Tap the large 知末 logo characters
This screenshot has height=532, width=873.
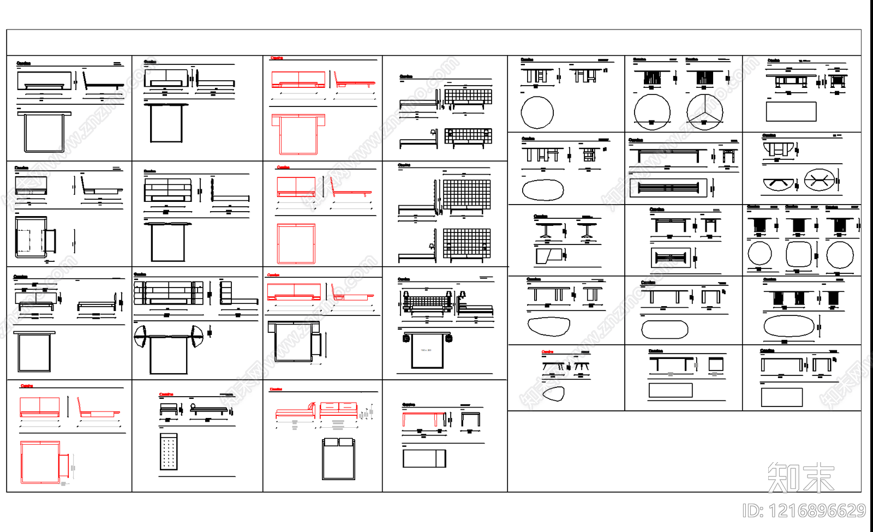pyautogui.click(x=801, y=477)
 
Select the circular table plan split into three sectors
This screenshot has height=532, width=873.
pyautogui.click(x=705, y=112)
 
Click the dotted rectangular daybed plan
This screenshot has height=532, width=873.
pyautogui.click(x=169, y=452)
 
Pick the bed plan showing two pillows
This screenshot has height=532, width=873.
pyautogui.click(x=338, y=458)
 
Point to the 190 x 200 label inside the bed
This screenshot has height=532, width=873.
pyautogui.click(x=426, y=350)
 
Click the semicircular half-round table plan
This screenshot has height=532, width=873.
pyautogui.click(x=779, y=184)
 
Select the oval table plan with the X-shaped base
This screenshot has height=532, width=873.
pyautogui.click(x=819, y=181)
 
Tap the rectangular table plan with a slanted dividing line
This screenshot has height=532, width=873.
pyautogui.click(x=548, y=256)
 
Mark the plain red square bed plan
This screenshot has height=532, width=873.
pyautogui.click(x=296, y=243)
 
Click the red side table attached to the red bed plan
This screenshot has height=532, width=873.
pyautogui.click(x=63, y=464)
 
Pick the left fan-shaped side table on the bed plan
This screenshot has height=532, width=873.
pyautogui.click(x=140, y=336)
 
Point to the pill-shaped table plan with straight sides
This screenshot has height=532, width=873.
pyautogui.click(x=665, y=329)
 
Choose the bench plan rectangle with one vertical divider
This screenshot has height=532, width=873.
pyautogui.click(x=424, y=458)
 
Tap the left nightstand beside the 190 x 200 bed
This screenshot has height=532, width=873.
pyautogui.click(x=406, y=338)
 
